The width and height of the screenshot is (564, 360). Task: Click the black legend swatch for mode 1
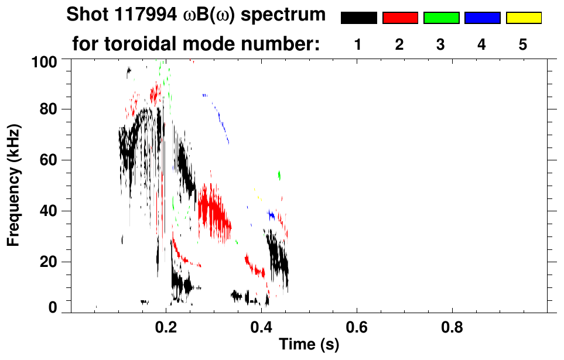358,18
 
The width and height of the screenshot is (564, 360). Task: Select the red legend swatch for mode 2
400,18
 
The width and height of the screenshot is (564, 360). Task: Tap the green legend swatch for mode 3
441,18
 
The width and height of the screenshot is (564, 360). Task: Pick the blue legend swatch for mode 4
482,18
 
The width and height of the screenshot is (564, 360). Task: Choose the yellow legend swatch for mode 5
524,18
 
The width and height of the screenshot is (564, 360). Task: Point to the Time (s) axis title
309,345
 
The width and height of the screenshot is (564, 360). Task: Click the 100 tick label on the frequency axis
44,60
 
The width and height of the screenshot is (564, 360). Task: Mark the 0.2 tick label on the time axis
166,326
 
